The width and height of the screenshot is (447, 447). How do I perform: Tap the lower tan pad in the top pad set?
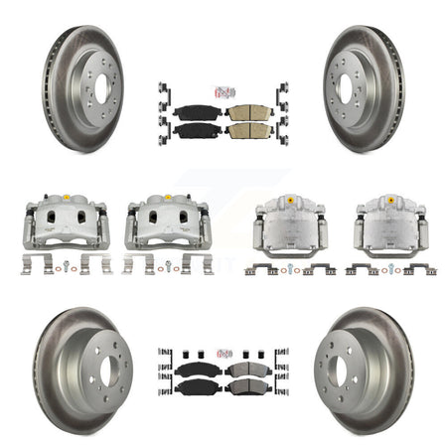click(248, 131)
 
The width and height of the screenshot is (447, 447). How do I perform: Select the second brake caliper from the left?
click(165, 221)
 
